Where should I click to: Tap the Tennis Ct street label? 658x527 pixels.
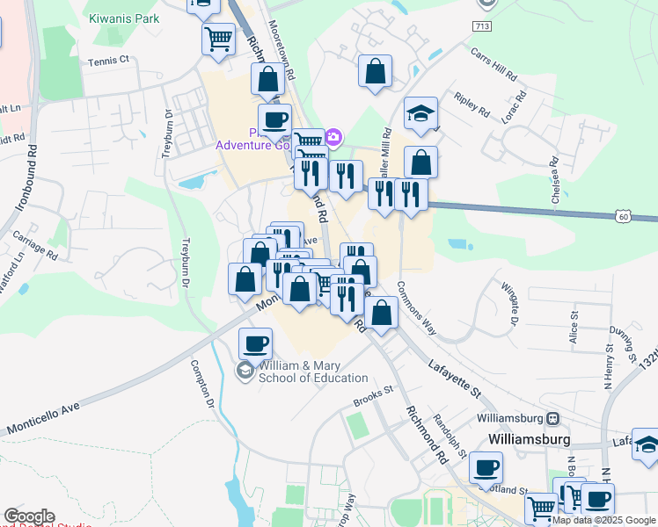pos(109,61)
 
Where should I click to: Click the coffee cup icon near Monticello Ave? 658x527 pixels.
pos(256,343)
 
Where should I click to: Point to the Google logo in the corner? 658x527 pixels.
pos(29,516)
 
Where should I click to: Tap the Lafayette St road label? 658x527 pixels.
pos(457,378)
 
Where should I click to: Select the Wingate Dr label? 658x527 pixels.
pos(508,302)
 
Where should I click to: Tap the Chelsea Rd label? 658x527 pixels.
pos(554,180)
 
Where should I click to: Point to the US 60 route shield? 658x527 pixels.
pos(623,215)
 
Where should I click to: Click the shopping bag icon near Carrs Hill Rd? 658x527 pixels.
pos(376,73)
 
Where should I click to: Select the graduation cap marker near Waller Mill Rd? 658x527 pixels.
pos(421,112)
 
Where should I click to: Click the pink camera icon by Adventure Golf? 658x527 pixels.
pos(333,137)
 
